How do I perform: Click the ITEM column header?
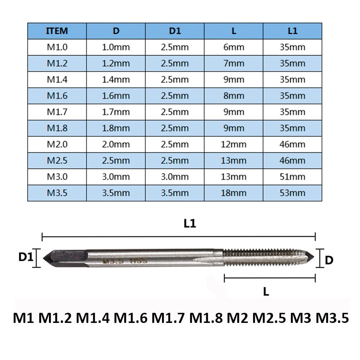point(57,31)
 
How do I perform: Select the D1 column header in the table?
point(175,31)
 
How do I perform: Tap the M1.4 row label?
point(57,80)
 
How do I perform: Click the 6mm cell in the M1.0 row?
point(234,47)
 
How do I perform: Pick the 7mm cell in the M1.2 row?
point(234,63)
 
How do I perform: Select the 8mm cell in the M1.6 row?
point(234,96)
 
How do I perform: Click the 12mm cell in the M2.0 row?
point(234,144)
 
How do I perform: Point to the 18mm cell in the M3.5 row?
point(234,193)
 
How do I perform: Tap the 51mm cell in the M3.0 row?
point(292,177)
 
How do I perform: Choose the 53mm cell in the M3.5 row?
point(292,193)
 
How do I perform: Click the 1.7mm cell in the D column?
point(116,112)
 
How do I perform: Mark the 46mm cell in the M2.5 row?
point(292,161)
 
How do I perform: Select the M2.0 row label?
point(57,144)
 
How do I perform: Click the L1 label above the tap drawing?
point(190,224)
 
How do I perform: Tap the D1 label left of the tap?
point(26,257)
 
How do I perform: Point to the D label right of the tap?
point(329,260)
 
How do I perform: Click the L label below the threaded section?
point(266,292)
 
